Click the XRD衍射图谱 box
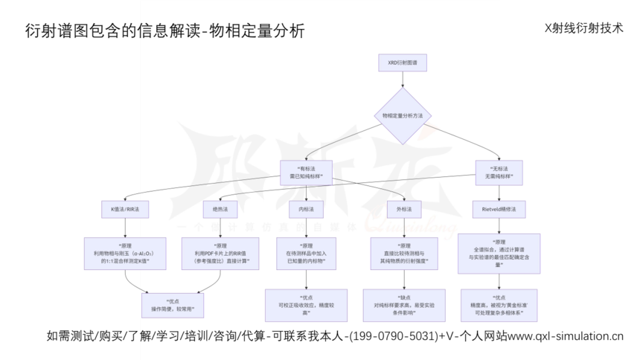click(x=402, y=63)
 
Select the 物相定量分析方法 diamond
click(x=402, y=116)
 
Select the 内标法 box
click(x=306, y=210)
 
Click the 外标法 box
click(x=402, y=210)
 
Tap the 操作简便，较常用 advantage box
click(x=173, y=305)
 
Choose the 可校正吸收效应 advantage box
click(x=306, y=305)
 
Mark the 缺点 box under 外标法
click(x=402, y=305)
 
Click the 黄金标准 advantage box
click(x=498, y=305)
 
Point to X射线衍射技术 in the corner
click(x=583, y=28)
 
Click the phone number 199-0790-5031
click(x=393, y=336)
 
